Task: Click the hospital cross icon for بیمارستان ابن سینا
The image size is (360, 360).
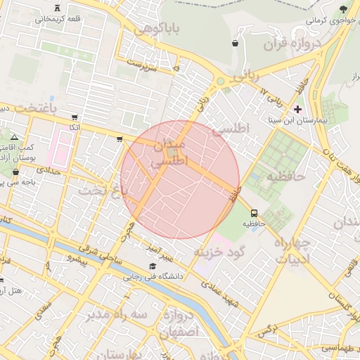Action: click(297, 109)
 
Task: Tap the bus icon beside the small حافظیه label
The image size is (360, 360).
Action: click(253, 213)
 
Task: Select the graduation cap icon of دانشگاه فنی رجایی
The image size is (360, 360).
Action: click(153, 266)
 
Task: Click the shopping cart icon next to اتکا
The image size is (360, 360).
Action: click(75, 117)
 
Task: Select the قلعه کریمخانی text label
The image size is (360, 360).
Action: click(61, 19)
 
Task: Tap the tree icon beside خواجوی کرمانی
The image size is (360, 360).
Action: click(342, 9)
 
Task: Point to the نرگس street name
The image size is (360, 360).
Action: click(262, 330)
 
